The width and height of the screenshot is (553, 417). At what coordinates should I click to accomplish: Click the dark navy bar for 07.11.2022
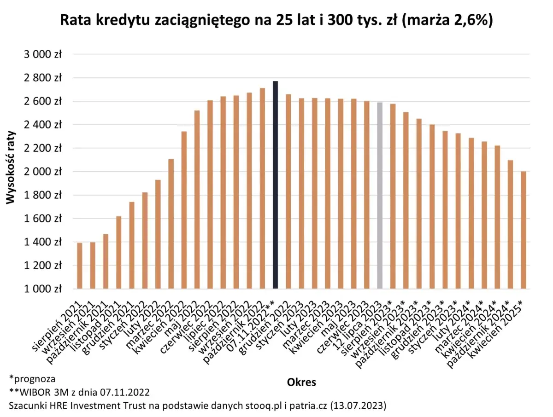click(275, 184)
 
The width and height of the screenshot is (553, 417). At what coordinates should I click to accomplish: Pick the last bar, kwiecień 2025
click(523, 230)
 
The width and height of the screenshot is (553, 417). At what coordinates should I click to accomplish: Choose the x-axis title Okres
click(301, 382)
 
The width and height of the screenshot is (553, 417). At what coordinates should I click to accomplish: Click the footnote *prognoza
click(32, 379)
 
